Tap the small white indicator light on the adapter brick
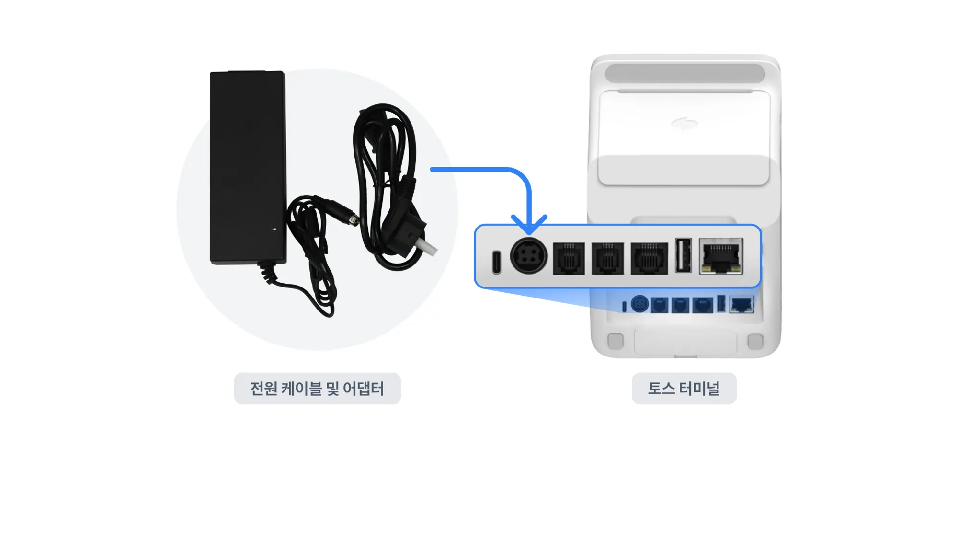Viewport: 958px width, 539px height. (x=274, y=229)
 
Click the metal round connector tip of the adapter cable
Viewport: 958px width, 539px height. (x=354, y=220)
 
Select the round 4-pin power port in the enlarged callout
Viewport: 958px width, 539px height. (x=528, y=256)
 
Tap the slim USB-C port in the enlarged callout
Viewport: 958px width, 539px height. (x=497, y=262)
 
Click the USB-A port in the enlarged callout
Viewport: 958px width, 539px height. (x=683, y=255)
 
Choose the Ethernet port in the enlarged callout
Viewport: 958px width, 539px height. (x=721, y=257)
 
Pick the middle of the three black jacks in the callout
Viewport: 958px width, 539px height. (x=607, y=259)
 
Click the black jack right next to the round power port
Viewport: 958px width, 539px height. (x=569, y=259)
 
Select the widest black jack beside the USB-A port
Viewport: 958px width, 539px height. (x=649, y=259)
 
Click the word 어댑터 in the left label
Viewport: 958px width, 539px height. (x=364, y=389)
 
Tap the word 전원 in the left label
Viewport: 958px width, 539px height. (x=263, y=389)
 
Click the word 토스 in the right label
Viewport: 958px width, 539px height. (x=661, y=389)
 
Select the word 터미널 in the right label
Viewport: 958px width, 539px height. (x=700, y=389)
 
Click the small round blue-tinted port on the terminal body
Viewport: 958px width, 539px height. (x=639, y=304)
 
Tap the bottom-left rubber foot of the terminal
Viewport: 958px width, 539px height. (x=616, y=341)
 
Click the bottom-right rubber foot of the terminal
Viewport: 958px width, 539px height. (x=755, y=341)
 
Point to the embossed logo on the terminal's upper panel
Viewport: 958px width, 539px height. (x=684, y=124)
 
